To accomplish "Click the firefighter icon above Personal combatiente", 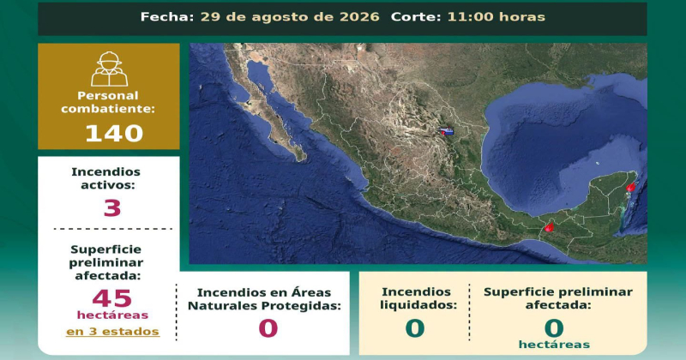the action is tap(110, 69).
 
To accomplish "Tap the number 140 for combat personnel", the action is tap(114, 133).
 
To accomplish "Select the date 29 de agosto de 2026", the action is tap(290, 17).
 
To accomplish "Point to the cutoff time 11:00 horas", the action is tap(496, 17).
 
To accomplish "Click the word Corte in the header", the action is tap(416, 17).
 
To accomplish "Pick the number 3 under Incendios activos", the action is tap(112, 207).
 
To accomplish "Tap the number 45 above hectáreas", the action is tap(112, 299).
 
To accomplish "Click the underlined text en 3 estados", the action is tap(112, 332).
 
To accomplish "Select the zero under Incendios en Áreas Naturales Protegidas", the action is tap(268, 328).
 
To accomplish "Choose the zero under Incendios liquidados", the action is tap(415, 328).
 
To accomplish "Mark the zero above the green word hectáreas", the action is tap(554, 328).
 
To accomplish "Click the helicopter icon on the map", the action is tap(447, 131).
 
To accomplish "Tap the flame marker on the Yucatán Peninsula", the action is tap(630, 187).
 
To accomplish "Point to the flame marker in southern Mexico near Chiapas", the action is tap(549, 227).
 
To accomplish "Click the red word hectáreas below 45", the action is tap(112, 315).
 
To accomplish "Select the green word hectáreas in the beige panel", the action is tap(554, 345).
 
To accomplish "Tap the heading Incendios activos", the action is tap(105, 178).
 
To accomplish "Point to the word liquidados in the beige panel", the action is tap(418, 305).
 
